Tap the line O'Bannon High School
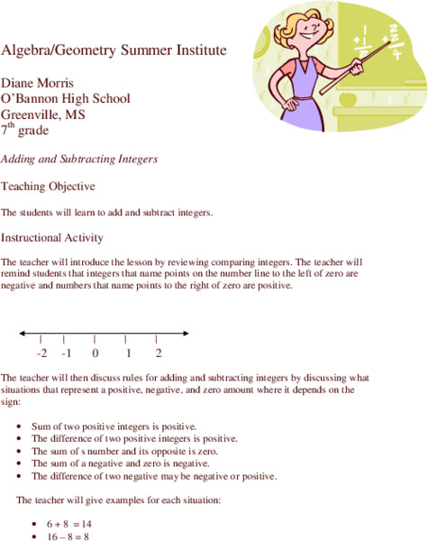click(x=66, y=98)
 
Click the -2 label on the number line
click(x=41, y=353)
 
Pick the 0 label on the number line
click(x=95, y=353)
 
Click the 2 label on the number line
click(x=159, y=353)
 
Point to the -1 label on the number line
click(x=67, y=353)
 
